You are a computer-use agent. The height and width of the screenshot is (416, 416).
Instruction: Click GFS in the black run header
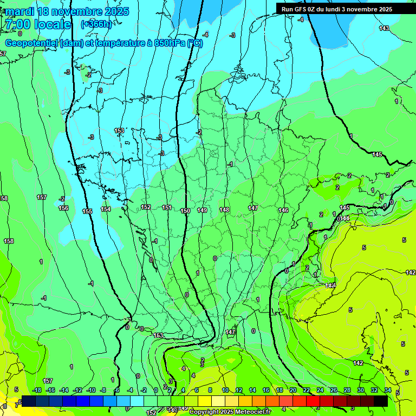pyautogui.click(x=301, y=9)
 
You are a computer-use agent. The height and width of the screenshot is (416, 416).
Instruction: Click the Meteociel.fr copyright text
pyautogui.click(x=230, y=412)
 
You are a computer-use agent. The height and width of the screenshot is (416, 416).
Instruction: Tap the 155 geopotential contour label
pyautogui.click(x=87, y=211)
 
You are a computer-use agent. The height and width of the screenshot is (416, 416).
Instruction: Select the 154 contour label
pyautogui.click(x=106, y=209)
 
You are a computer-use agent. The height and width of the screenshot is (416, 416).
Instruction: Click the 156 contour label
pyautogui.click(x=63, y=208)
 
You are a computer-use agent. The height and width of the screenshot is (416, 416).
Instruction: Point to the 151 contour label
pyautogui.click(x=167, y=207)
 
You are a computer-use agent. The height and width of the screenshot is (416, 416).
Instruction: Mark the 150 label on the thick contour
pyautogui.click(x=185, y=211)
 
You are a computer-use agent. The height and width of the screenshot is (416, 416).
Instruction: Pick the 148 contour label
pyautogui.click(x=224, y=209)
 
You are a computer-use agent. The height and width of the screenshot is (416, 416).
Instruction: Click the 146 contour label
pyautogui.click(x=283, y=210)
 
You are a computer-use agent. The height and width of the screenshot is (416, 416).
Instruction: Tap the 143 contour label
pyautogui.click(x=384, y=28)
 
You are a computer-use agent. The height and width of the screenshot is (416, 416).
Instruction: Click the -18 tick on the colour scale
pyautogui.click(x=37, y=390)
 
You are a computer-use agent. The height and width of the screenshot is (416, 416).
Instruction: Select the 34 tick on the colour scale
pyautogui.click(x=387, y=390)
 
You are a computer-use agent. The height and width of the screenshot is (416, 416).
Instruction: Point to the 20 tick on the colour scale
pyautogui.click(x=292, y=390)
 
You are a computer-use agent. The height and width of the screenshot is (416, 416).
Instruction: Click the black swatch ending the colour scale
pyautogui.click(x=380, y=401)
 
